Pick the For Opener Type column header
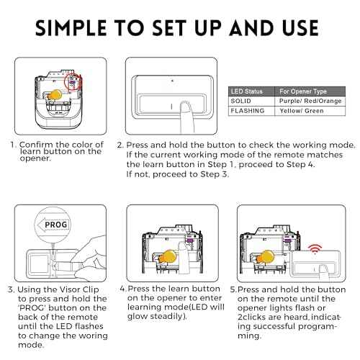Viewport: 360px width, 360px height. pyautogui.click(x=305, y=91)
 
